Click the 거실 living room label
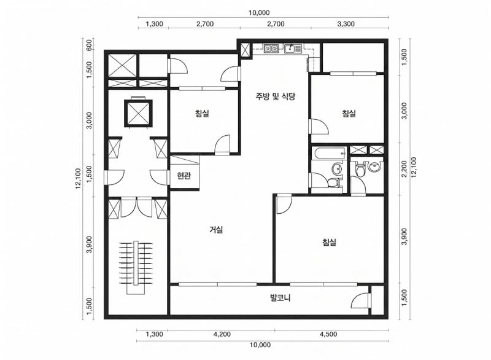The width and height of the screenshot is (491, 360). point(216,230)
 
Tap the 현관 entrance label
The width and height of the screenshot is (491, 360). point(184,176)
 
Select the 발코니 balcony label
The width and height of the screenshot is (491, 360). point(280,297)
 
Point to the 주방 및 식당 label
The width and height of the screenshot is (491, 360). point(275,96)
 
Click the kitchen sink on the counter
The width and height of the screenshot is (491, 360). point(293,49)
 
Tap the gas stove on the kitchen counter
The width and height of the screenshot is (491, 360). point(271,49)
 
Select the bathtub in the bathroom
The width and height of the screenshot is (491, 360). point(330,154)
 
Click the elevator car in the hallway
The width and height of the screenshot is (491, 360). point(138,113)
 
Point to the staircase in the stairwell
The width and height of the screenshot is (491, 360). point(136,267)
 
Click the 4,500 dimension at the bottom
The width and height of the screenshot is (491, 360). point(328,334)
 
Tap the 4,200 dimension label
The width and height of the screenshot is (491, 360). point(222,334)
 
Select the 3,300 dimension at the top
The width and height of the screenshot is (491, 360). point(346,24)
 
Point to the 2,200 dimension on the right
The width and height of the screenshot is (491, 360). point(404,168)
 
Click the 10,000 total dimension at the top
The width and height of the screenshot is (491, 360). point(259,12)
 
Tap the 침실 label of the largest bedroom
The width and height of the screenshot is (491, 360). point(329,242)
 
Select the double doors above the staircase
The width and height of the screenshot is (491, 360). point(136,208)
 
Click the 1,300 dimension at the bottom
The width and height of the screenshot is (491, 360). point(155,334)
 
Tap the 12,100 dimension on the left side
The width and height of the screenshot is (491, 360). point(78,179)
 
